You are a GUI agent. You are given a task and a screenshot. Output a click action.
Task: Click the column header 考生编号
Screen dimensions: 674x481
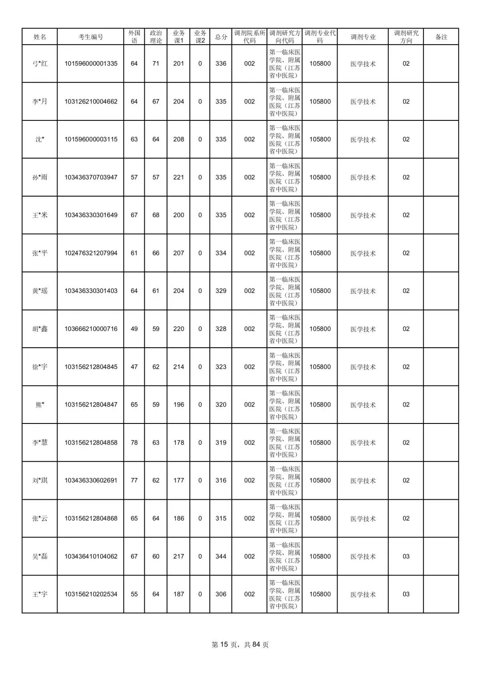(x=90, y=37)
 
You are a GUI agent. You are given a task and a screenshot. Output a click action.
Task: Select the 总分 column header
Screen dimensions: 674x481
(x=221, y=37)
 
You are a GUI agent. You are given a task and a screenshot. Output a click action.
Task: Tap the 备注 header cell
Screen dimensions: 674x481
(x=441, y=37)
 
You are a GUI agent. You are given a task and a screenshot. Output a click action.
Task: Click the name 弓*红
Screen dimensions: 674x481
(x=40, y=64)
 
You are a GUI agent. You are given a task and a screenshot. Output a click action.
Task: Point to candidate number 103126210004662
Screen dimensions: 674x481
(x=91, y=102)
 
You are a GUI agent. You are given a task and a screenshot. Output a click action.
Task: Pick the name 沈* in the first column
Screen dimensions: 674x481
(x=40, y=140)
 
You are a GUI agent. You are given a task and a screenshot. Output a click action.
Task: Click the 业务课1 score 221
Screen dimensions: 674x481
(x=179, y=177)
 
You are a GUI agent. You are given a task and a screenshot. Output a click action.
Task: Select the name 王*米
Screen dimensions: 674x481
(x=40, y=215)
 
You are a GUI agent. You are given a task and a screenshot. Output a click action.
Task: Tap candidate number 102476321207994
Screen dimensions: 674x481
(x=91, y=253)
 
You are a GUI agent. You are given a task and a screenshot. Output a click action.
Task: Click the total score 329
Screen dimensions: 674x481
(x=221, y=291)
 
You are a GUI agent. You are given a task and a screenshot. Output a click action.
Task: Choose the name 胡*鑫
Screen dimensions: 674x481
(x=40, y=329)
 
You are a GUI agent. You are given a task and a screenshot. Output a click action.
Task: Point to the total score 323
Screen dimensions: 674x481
(x=221, y=367)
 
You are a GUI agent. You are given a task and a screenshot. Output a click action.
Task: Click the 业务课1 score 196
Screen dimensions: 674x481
(x=179, y=405)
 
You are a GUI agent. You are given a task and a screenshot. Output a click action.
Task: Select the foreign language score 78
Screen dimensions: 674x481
(x=134, y=443)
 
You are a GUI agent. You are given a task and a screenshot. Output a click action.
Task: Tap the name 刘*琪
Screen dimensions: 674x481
(x=40, y=481)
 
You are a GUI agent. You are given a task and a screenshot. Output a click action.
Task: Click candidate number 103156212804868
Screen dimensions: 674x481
(x=91, y=518)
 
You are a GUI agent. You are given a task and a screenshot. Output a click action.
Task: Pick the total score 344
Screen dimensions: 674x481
(x=221, y=556)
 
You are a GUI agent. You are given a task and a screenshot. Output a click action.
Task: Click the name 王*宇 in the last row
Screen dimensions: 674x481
(x=40, y=594)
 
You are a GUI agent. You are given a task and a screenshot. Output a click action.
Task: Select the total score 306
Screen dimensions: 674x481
(x=221, y=594)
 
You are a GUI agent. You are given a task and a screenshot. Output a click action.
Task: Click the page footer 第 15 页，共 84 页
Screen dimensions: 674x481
(x=240, y=645)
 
